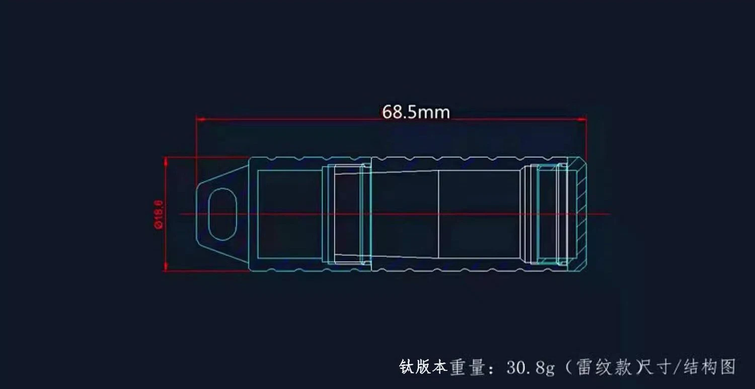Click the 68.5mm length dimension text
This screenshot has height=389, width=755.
416,112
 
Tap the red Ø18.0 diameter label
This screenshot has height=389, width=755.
159,215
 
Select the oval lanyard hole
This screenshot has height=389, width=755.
222,214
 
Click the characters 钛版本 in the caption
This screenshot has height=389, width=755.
423,367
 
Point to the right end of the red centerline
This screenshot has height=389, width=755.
609,214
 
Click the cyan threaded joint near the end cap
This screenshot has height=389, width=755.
549,214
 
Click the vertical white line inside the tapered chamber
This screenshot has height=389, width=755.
438,214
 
